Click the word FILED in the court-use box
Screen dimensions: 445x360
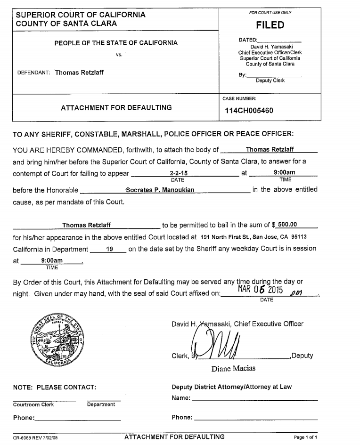tap(270, 25)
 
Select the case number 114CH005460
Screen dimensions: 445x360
tap(249, 111)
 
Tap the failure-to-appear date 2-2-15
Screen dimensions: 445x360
tap(175, 174)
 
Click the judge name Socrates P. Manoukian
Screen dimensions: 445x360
tap(160, 190)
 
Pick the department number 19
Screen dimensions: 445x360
tap(109, 249)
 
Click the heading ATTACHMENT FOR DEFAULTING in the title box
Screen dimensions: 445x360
tap(116, 108)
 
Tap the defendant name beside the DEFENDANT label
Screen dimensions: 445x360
tap(79, 73)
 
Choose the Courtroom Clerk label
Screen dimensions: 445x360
tap(33, 405)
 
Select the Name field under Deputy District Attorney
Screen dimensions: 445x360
tap(254, 398)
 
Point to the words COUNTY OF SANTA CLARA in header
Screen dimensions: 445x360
tap(66, 23)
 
